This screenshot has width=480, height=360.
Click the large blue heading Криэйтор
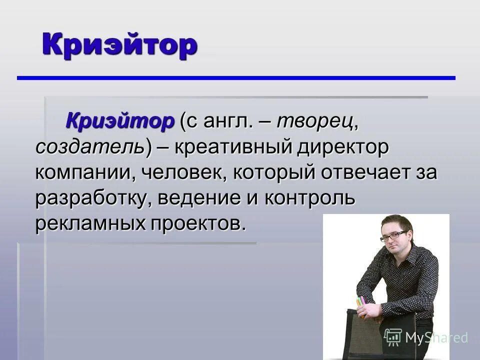119,45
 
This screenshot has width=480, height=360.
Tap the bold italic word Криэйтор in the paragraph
120,120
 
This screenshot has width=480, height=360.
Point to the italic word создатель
89,147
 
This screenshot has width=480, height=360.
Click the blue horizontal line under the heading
236,78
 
